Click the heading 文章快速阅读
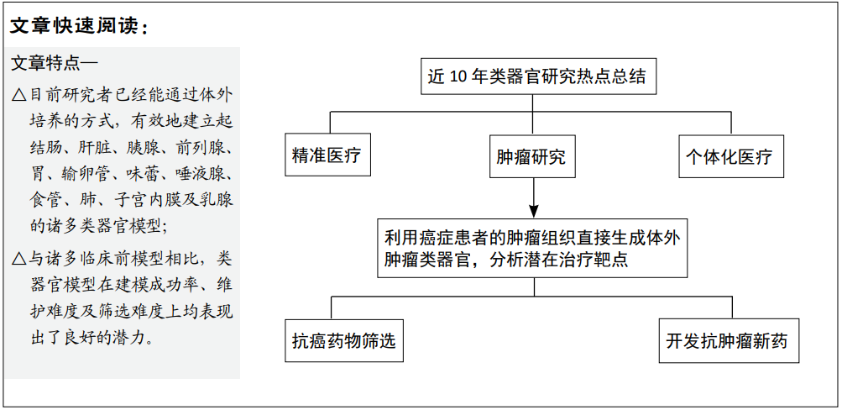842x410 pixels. point(78,26)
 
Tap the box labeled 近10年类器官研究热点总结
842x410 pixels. point(537,76)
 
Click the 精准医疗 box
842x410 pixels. point(327,155)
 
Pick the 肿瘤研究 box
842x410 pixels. point(532,156)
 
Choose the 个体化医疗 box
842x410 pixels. point(731,156)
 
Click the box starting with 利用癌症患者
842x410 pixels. point(532,248)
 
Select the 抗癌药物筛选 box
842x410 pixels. point(344,340)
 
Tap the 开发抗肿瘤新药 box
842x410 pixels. point(729,340)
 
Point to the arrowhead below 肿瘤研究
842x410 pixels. point(533,208)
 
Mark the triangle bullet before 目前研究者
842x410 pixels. point(18,96)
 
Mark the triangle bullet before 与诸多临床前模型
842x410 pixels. point(18,260)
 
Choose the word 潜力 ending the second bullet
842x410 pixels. point(129,338)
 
